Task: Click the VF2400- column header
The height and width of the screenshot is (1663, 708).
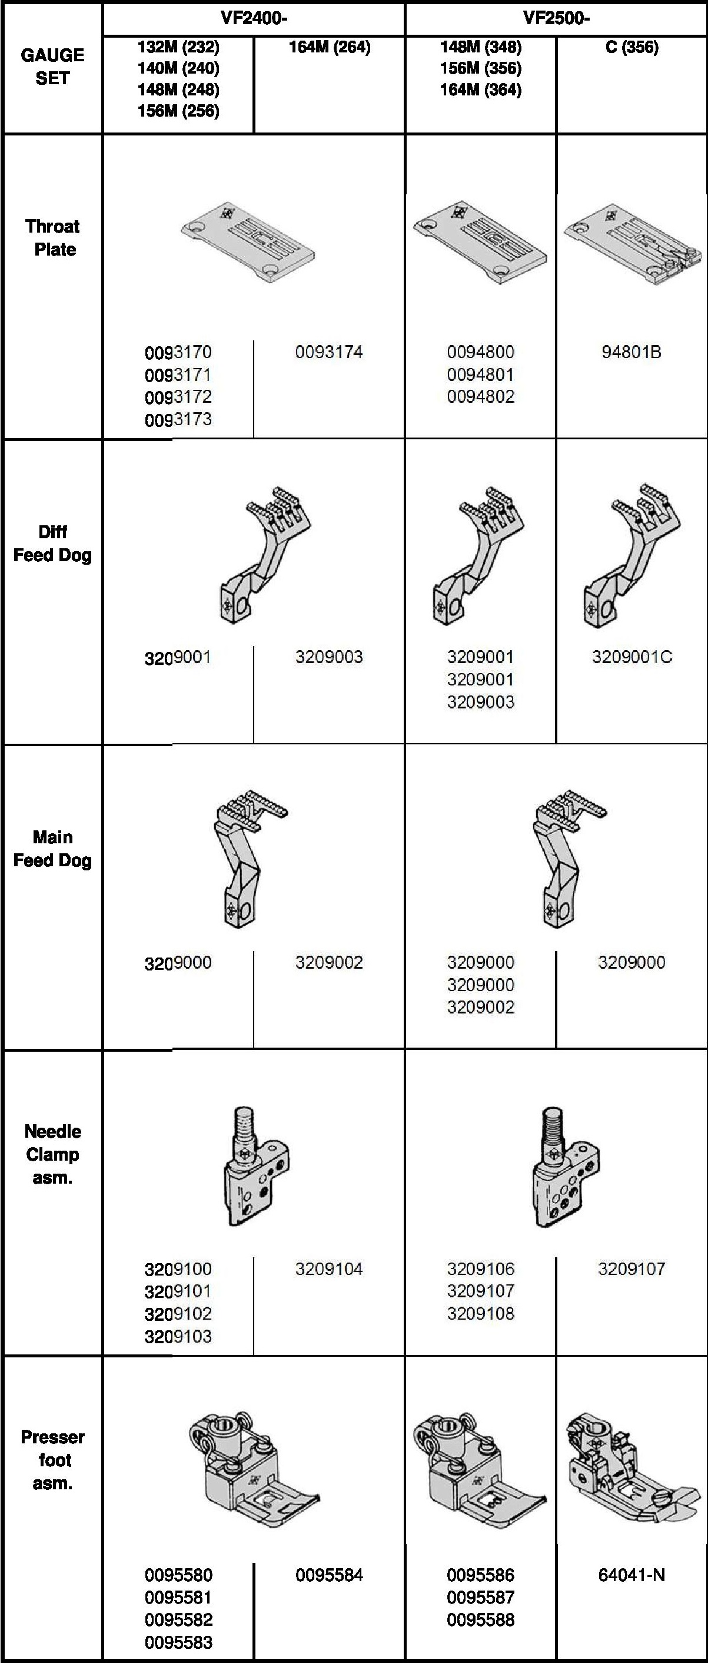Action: [x=254, y=18]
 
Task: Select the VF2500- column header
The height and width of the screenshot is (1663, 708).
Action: [x=556, y=18]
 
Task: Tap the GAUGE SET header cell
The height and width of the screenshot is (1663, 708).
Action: [x=52, y=67]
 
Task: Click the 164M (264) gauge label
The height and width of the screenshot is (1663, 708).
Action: [x=330, y=47]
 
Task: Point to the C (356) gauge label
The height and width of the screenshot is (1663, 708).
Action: [x=632, y=47]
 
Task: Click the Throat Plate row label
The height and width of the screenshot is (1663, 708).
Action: [x=54, y=237]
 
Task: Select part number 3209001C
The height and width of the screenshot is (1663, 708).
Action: [x=632, y=657]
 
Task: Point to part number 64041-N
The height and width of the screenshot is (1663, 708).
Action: [x=631, y=1575]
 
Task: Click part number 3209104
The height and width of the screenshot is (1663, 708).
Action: [x=329, y=1268]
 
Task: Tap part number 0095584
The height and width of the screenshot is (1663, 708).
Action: [x=329, y=1575]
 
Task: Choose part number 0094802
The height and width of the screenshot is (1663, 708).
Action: [x=481, y=396]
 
